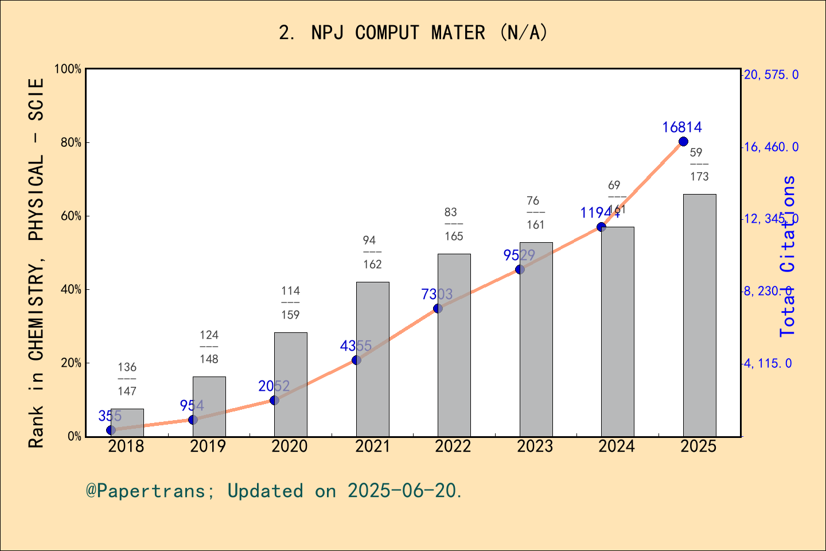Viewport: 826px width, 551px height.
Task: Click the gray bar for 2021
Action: click(x=372, y=359)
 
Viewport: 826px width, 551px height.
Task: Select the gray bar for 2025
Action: click(x=699, y=315)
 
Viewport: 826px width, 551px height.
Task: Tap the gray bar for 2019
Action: click(x=209, y=406)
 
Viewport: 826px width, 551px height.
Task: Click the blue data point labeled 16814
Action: click(x=683, y=142)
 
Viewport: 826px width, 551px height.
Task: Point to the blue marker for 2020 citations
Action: click(x=274, y=400)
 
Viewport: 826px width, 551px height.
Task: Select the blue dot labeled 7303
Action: click(x=438, y=308)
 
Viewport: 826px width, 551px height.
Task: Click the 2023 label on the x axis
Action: click(x=535, y=446)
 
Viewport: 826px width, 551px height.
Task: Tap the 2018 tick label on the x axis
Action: click(x=126, y=446)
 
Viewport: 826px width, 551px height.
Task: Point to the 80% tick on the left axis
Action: click(x=71, y=142)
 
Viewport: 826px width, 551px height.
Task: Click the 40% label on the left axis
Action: click(x=71, y=289)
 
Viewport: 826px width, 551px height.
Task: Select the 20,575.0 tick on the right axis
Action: click(x=771, y=75)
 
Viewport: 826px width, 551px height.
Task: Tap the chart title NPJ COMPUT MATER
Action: click(x=413, y=33)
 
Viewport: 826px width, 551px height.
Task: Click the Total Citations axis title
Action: click(x=788, y=256)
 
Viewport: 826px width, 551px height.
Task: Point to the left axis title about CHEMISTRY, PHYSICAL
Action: click(x=36, y=263)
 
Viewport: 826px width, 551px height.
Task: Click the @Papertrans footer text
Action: click(x=274, y=491)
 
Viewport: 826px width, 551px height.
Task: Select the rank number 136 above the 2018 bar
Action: click(x=127, y=367)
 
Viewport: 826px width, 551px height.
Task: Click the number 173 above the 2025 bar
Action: click(x=699, y=177)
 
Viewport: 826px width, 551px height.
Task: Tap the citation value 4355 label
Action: click(x=356, y=346)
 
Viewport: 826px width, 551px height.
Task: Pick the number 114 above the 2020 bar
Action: click(x=290, y=290)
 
